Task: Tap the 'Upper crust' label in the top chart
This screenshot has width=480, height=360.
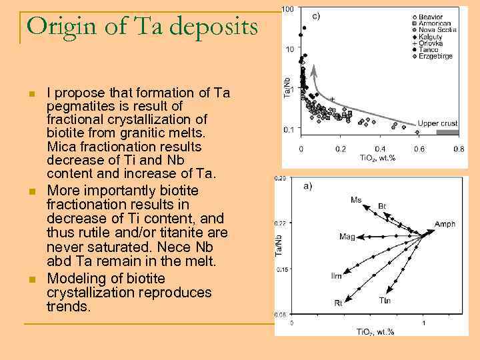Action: click(x=437, y=123)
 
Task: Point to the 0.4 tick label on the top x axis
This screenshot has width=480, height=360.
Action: click(x=380, y=149)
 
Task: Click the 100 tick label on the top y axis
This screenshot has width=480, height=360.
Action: click(x=287, y=9)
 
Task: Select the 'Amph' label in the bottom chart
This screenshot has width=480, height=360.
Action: click(x=445, y=225)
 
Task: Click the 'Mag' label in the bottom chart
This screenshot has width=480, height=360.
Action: click(x=347, y=237)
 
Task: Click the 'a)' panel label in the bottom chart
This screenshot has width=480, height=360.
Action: click(x=307, y=187)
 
